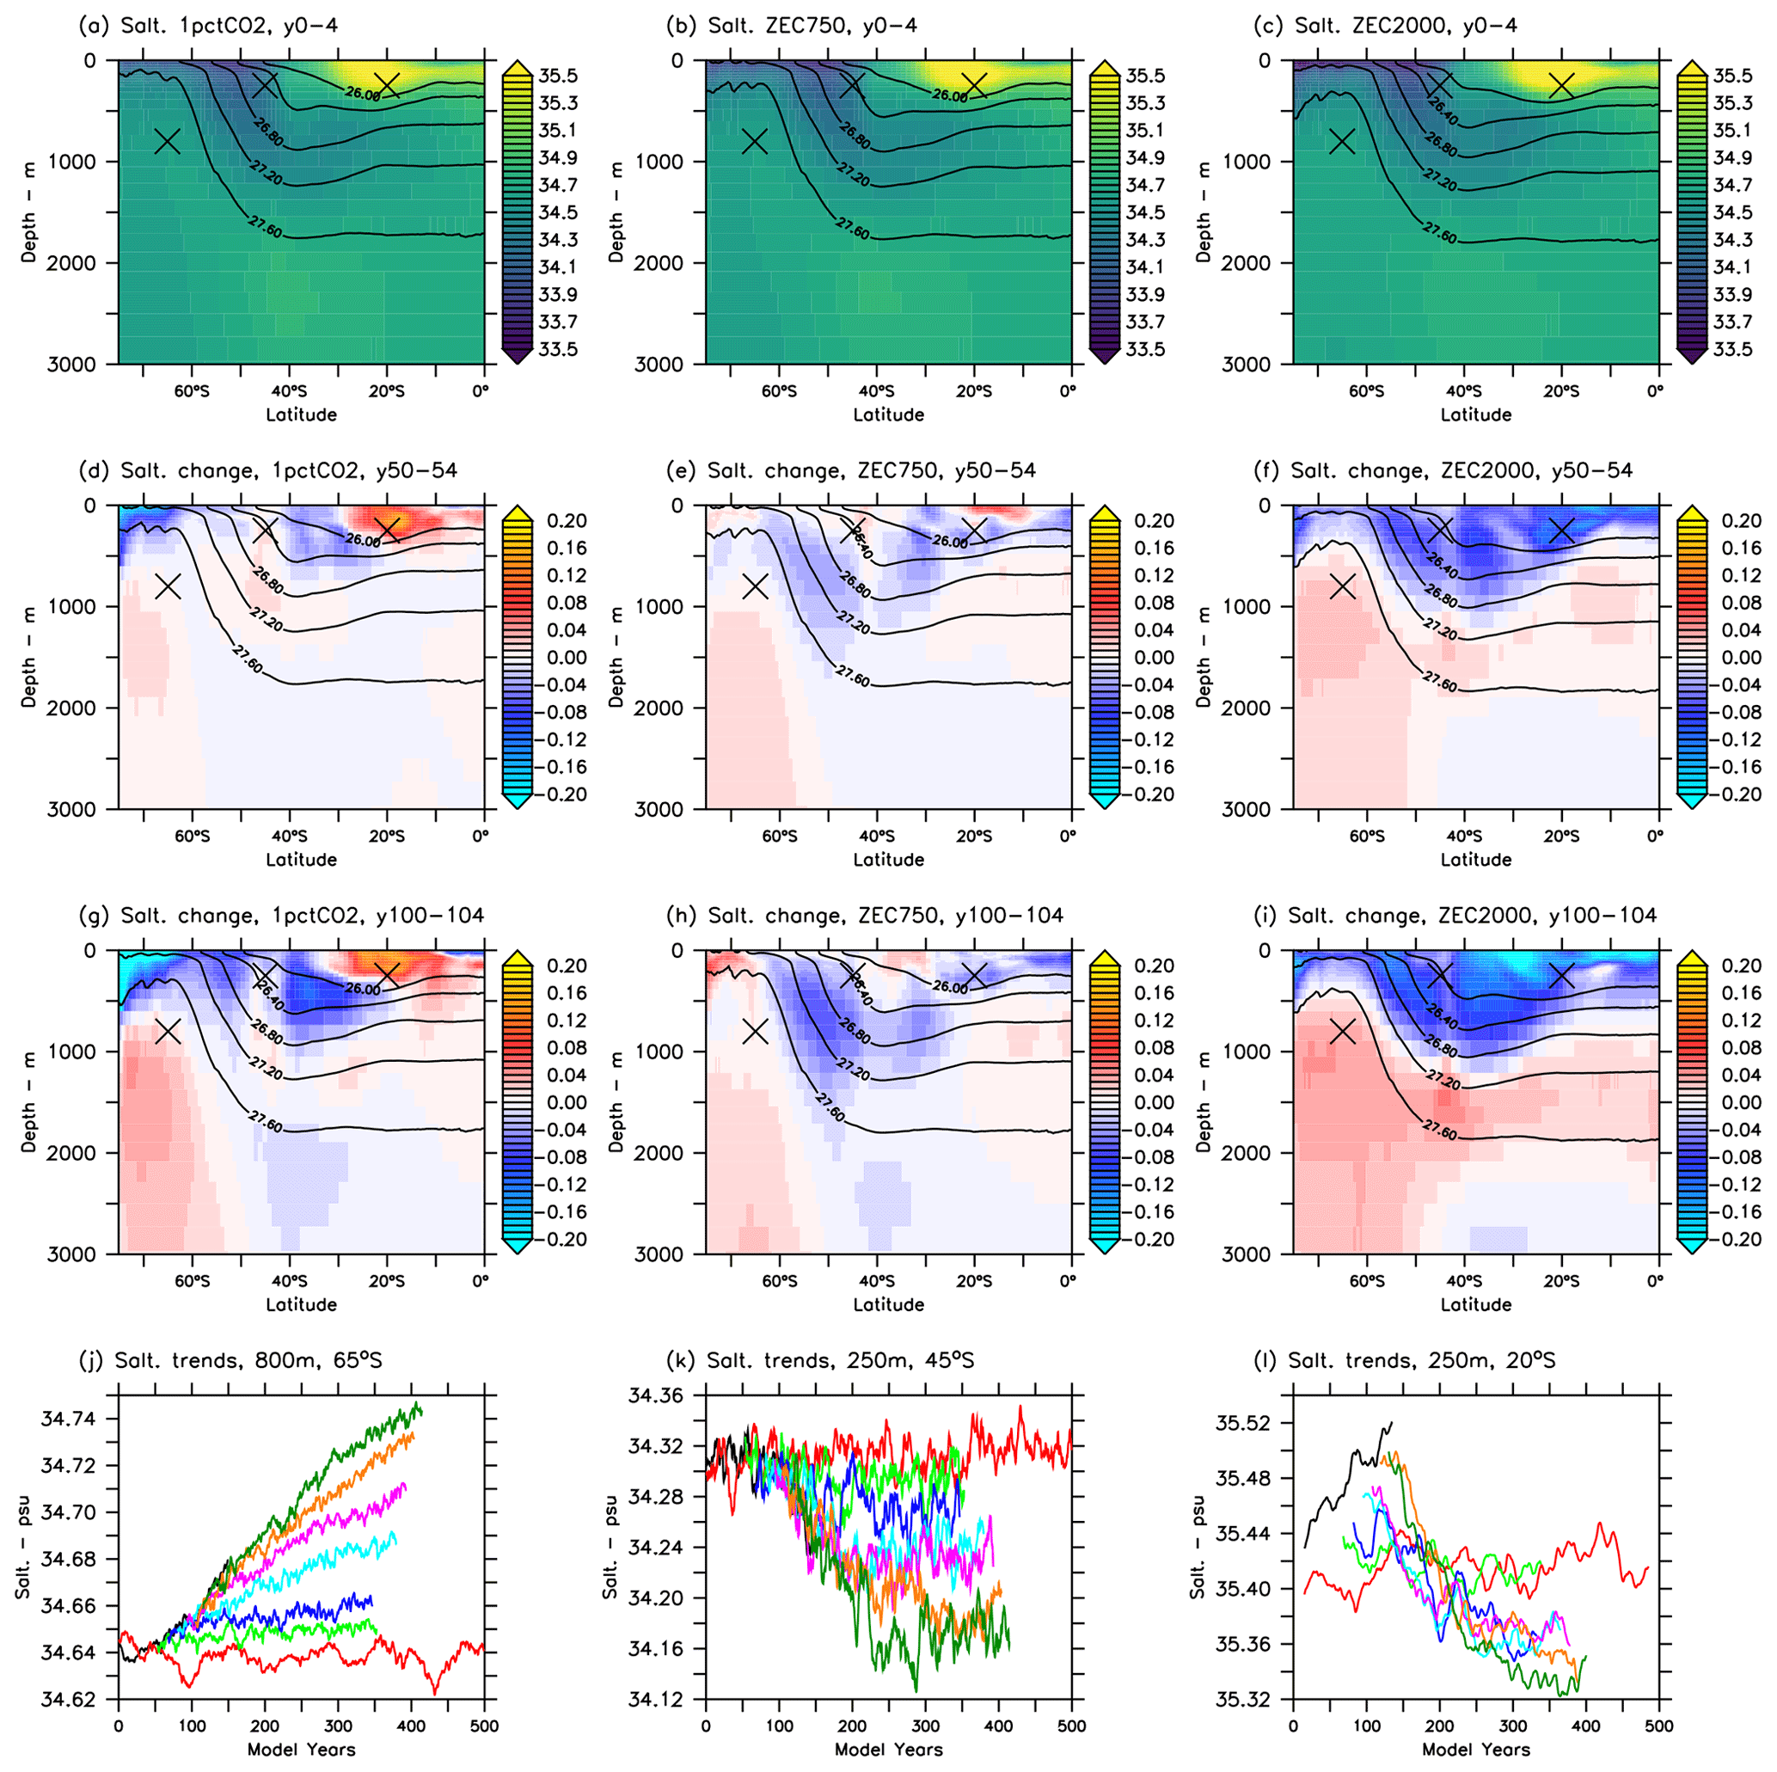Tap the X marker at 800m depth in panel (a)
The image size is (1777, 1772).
[x=168, y=142]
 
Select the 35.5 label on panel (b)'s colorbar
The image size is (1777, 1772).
[x=1145, y=76]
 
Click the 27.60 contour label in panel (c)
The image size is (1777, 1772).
[x=1440, y=232]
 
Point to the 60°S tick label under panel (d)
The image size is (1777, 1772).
[x=193, y=837]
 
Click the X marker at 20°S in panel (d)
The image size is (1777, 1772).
[x=387, y=529]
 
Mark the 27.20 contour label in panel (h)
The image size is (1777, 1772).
[x=854, y=1067]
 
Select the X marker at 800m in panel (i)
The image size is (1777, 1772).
[x=1343, y=1032]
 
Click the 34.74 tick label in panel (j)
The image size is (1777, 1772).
[x=67, y=1418]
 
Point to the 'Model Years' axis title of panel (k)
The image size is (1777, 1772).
[x=889, y=1749]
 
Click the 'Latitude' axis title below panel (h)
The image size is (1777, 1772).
[x=889, y=1303]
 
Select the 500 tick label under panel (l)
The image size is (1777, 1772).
[x=1658, y=1725]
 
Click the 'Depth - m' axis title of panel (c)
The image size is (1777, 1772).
[x=1203, y=212]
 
